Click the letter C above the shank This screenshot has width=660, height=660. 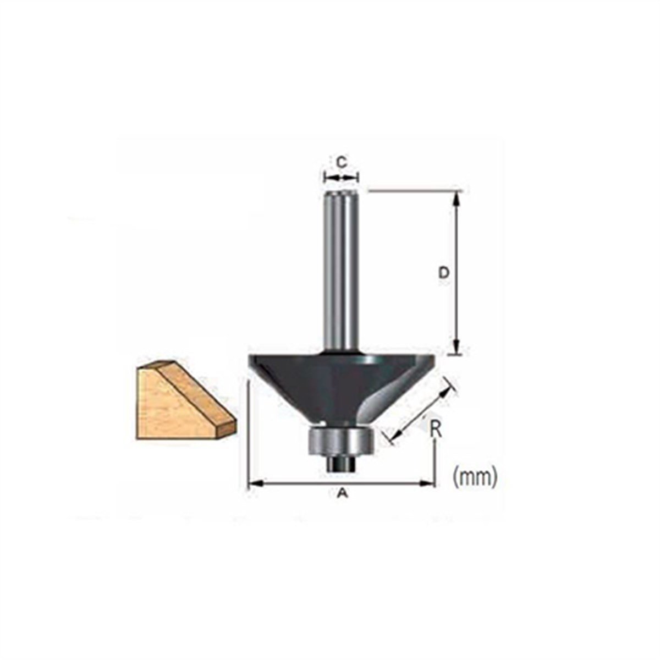(x=341, y=162)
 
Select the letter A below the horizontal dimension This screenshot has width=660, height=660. (x=342, y=494)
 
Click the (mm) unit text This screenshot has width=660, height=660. (x=475, y=476)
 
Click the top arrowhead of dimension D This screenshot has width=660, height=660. (x=456, y=199)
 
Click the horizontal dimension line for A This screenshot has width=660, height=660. (x=342, y=484)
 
